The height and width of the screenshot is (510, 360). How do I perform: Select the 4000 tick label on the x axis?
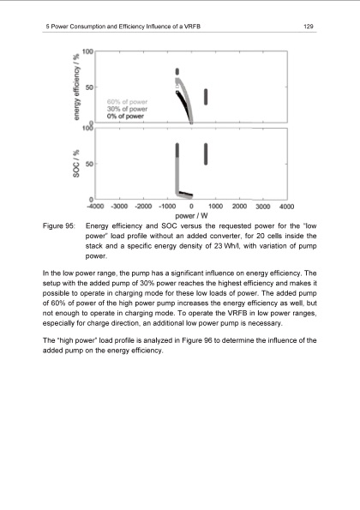286,207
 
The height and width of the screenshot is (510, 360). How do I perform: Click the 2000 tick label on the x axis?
239,207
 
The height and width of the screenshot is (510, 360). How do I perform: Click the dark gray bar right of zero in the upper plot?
206,96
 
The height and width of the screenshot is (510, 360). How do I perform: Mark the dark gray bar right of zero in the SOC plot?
206,153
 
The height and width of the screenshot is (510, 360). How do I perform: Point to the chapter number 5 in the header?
45,27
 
